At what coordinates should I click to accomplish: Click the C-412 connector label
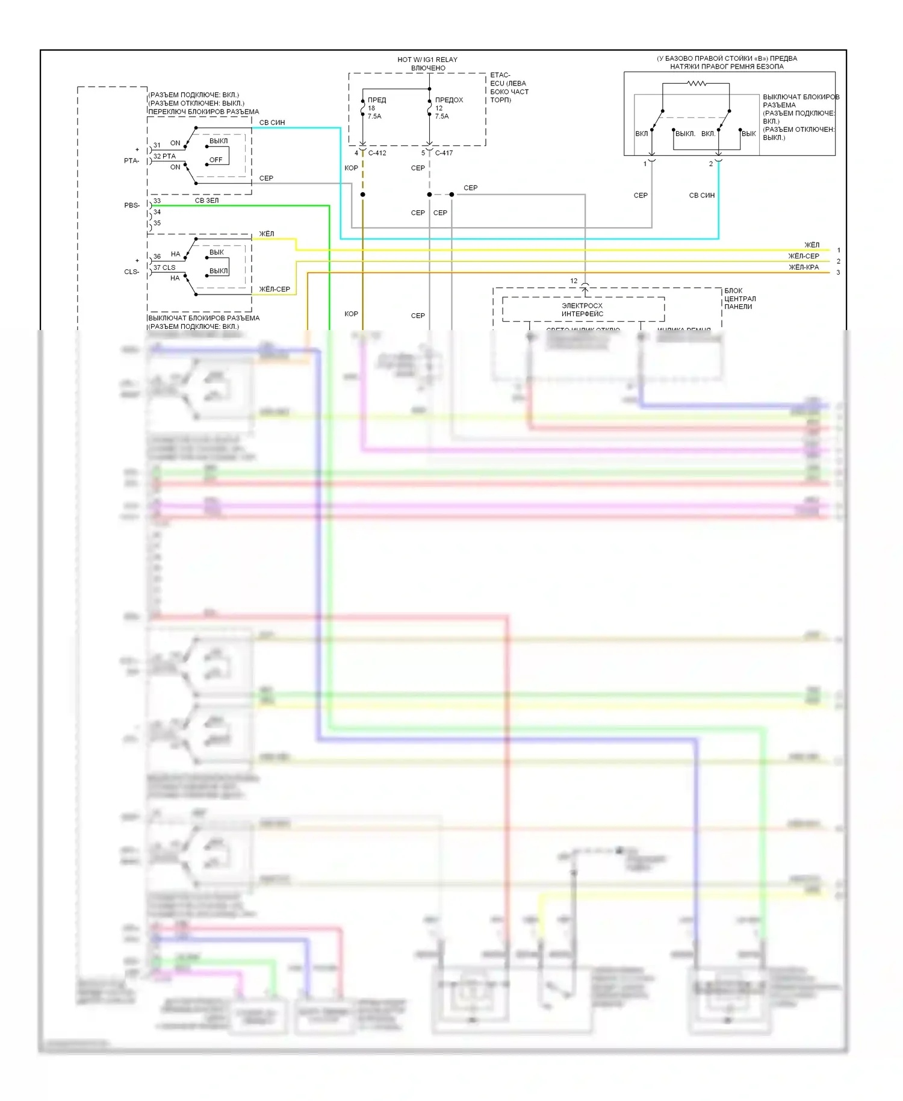tap(377, 153)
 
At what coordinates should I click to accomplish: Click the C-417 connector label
tap(444, 153)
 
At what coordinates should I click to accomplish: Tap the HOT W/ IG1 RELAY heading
tap(427, 60)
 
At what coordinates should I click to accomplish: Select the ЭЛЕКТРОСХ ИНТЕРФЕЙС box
tap(583, 310)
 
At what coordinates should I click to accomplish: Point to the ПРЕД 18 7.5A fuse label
tap(376, 108)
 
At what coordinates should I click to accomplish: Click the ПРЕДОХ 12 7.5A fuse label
tap(448, 108)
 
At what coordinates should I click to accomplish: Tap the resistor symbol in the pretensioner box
tap(697, 83)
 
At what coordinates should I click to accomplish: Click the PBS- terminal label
tap(132, 205)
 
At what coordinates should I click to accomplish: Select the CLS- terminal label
tap(132, 272)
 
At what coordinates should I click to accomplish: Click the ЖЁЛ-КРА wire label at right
tap(804, 267)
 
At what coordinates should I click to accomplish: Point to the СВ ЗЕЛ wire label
tap(206, 201)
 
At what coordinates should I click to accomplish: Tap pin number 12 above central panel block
tap(574, 281)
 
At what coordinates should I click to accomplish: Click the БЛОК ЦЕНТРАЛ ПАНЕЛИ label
tap(740, 299)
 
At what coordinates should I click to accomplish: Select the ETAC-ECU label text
tap(509, 87)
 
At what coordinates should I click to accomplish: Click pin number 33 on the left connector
tap(157, 201)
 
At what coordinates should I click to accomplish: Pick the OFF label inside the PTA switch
tap(216, 160)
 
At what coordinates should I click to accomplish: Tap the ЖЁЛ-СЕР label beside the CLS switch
tap(275, 289)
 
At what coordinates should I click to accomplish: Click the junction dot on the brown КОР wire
tap(362, 195)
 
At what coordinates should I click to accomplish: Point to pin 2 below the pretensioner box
tap(711, 164)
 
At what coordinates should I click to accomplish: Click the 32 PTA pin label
tap(164, 156)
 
